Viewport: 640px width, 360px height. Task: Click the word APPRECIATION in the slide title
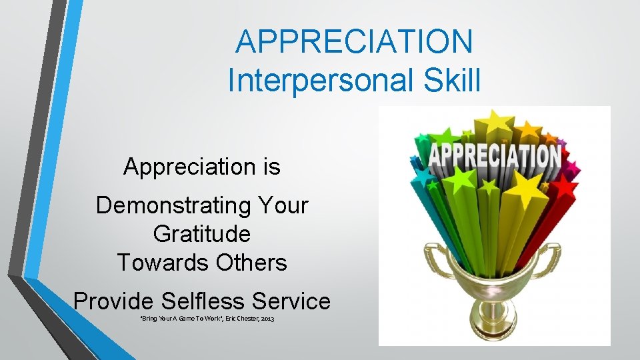[x=354, y=41]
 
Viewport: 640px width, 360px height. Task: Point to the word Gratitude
[x=202, y=234]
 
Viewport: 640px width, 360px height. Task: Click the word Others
[x=251, y=263]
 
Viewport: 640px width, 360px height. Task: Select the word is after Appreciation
[x=270, y=167]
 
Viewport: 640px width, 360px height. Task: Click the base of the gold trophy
[x=495, y=330]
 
